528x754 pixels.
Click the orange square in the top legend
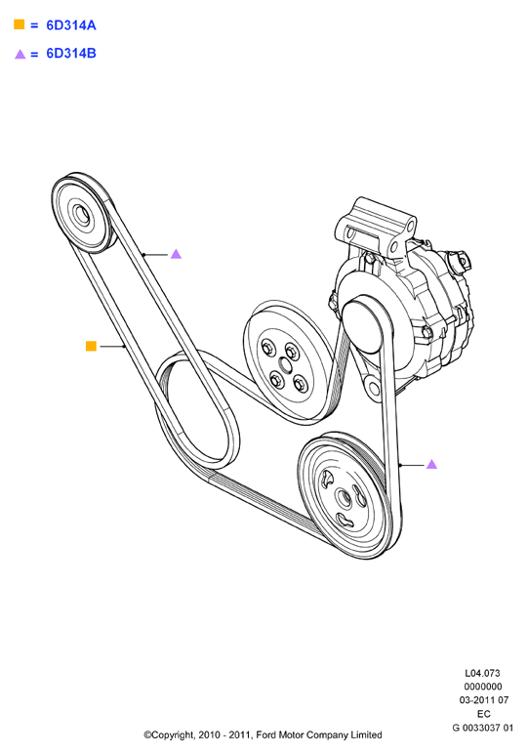[20, 24]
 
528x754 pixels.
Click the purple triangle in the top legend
[20, 54]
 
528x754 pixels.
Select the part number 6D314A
[71, 25]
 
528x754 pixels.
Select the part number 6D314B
[71, 54]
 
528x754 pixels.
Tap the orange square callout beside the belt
[91, 346]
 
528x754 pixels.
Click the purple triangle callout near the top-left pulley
[176, 253]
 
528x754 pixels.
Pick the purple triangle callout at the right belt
[431, 464]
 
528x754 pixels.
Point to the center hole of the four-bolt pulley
[285, 366]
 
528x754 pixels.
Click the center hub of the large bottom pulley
[344, 499]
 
